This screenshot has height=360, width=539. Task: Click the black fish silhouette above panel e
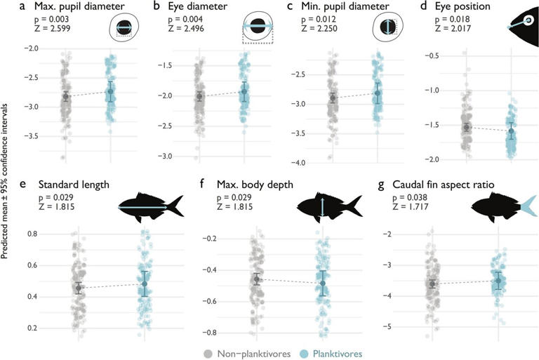point(151,206)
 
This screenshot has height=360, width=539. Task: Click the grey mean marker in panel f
point(258,279)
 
